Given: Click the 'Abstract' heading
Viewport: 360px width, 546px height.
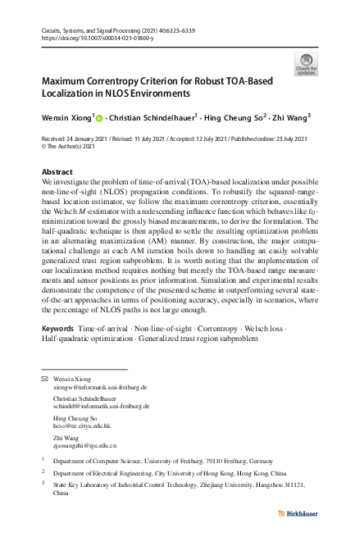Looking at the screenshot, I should point(57,171).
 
